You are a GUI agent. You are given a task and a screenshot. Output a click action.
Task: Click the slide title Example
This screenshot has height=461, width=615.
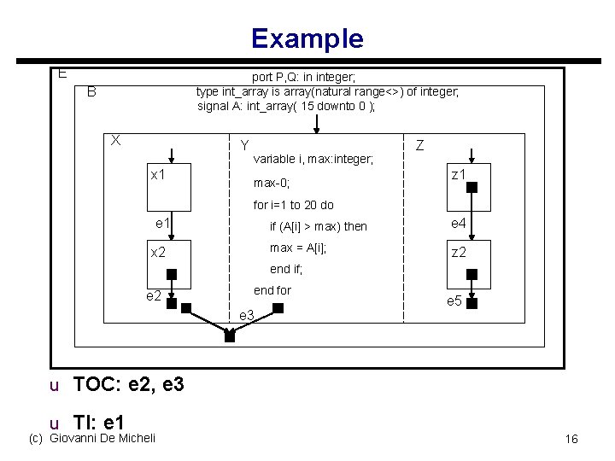click(307, 38)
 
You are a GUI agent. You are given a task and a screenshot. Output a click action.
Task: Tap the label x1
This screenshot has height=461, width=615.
click(158, 175)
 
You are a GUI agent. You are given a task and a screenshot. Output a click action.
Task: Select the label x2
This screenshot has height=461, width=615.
click(158, 253)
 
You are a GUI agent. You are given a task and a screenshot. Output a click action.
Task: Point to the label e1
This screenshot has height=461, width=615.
click(163, 224)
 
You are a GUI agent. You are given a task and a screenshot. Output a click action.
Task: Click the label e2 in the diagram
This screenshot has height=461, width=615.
click(154, 296)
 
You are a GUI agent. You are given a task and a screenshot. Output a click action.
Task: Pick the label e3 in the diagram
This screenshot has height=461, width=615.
click(247, 316)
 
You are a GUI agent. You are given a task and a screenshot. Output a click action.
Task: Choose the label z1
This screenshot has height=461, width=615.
click(459, 175)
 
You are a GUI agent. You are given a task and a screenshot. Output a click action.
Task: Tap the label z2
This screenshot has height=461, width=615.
click(459, 253)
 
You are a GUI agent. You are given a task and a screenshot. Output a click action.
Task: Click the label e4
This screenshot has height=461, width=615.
click(459, 224)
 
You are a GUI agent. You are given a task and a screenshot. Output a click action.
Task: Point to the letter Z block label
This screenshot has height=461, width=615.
click(420, 146)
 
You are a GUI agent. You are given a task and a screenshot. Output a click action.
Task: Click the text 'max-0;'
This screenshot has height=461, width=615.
click(272, 184)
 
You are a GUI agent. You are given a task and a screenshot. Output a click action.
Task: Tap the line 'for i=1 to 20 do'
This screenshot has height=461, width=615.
click(293, 205)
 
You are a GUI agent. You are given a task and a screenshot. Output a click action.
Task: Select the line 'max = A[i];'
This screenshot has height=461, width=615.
click(298, 248)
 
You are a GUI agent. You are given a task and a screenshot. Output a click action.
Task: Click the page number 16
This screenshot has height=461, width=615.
click(571, 439)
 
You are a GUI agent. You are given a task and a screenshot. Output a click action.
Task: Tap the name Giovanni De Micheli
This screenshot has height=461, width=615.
click(103, 439)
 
